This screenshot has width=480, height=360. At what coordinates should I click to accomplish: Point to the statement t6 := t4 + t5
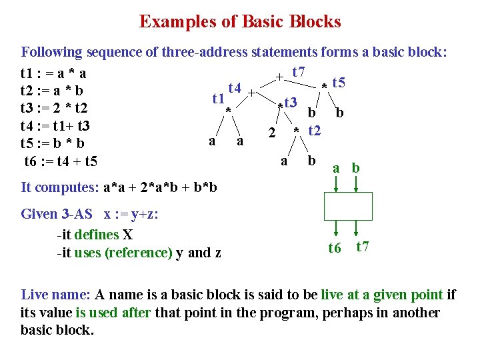click(x=61, y=161)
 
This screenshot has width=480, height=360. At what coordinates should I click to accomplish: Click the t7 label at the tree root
click(x=298, y=71)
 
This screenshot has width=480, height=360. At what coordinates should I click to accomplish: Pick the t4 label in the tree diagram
click(x=234, y=87)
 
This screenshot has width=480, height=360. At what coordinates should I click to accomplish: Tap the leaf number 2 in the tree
click(x=271, y=132)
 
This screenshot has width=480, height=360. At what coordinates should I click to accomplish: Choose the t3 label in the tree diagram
click(x=289, y=103)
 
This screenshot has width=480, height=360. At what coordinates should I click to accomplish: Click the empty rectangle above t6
click(x=347, y=206)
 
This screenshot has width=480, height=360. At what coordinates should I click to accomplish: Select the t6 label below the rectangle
click(x=335, y=248)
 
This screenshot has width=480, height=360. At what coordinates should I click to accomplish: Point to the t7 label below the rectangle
click(x=363, y=247)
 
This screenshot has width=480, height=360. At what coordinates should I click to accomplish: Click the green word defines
click(x=97, y=235)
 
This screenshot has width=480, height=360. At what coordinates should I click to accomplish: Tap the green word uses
click(x=89, y=252)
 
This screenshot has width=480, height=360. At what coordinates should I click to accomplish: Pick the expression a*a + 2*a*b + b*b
click(x=160, y=187)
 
